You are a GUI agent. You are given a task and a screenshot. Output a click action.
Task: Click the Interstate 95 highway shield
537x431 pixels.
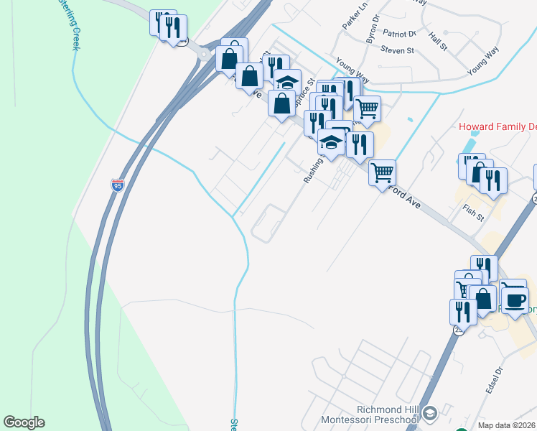click(118, 185)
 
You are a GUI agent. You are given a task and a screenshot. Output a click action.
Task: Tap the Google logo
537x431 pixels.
click(24, 422)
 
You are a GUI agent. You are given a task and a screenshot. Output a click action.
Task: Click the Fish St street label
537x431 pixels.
click(473, 213)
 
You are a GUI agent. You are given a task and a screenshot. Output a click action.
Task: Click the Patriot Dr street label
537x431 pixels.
click(399, 33)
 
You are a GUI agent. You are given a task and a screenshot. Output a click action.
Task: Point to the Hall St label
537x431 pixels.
click(437, 40)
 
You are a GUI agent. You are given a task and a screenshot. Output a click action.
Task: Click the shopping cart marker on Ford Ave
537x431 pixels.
click(383, 172)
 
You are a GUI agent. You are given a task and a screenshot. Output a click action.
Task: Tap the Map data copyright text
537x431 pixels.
click(507, 425)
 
